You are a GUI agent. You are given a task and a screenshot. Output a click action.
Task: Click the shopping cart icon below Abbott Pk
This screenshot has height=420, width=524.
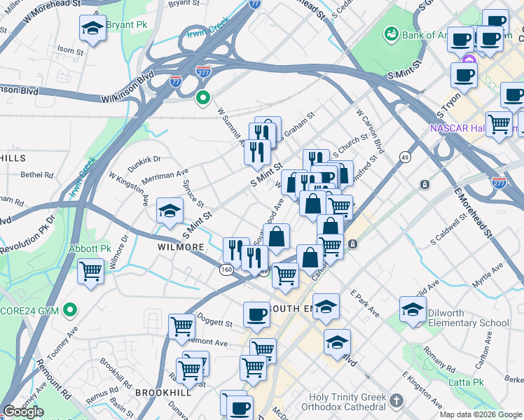(x=91, y=271)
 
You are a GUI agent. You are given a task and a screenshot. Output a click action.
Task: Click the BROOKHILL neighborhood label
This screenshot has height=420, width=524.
(x=163, y=393)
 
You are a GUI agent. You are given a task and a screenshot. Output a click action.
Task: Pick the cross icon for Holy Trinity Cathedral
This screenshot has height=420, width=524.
(x=397, y=401)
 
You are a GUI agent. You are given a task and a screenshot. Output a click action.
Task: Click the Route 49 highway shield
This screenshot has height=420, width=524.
(x=405, y=155)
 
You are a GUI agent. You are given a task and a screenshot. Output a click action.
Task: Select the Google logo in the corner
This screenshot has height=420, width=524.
(x=23, y=412)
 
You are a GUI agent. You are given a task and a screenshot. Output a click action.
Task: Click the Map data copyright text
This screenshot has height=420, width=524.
(x=480, y=414)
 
